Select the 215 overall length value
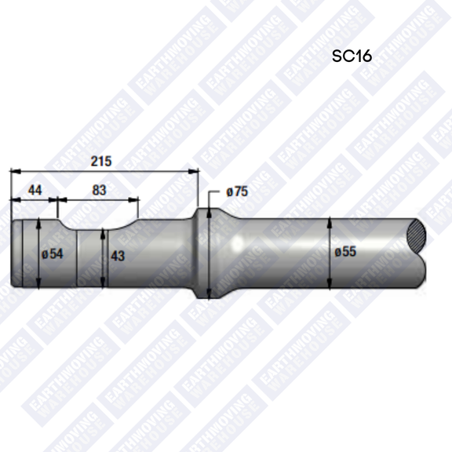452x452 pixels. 101,161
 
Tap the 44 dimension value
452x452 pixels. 35,190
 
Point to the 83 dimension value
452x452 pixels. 99,190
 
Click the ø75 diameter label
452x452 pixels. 236,191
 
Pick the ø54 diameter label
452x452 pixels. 52,253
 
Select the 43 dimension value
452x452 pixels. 118,256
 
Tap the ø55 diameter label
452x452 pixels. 346,252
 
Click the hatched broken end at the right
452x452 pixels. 417,232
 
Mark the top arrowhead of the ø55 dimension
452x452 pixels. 331,223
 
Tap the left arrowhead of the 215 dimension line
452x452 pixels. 13,169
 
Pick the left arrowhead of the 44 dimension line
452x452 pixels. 13,199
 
